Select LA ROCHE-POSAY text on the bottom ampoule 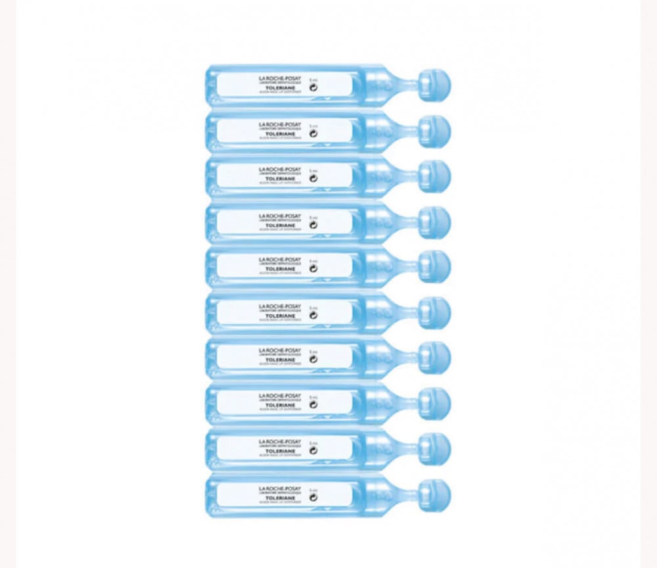pos(280,488)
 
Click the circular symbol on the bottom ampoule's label pos(313,497)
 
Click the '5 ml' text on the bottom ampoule pos(313,488)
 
